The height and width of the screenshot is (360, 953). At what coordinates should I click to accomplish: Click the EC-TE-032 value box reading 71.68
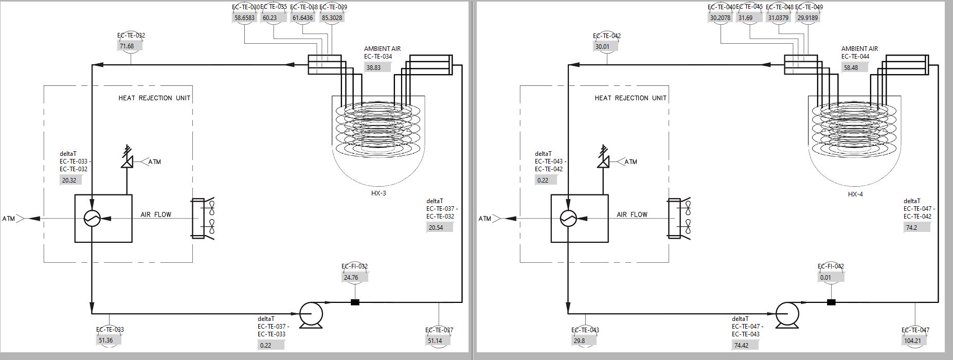[x=127, y=46]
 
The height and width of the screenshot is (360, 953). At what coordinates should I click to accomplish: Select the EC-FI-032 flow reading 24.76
[x=351, y=278]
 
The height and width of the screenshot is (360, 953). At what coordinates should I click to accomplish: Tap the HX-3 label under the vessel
[x=379, y=193]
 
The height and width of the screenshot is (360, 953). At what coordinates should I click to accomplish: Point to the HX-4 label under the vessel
[x=855, y=194]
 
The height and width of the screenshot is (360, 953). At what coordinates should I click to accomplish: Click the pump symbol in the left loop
[x=311, y=313]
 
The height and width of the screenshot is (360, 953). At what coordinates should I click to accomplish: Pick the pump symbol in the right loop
[x=787, y=313]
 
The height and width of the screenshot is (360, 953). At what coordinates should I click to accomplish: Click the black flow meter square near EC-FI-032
[x=355, y=302]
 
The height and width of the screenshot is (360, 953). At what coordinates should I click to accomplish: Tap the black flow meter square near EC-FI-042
[x=831, y=302]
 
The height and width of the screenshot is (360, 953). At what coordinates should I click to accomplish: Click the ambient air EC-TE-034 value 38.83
[x=374, y=67]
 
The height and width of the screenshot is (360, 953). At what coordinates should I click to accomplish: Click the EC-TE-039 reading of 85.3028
[x=332, y=18]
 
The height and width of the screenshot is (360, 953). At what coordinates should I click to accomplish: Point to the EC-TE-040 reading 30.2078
[x=720, y=18]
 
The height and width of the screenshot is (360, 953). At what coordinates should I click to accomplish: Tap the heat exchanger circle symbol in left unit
[x=92, y=218]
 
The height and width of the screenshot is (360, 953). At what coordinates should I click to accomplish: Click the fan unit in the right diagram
[x=679, y=218]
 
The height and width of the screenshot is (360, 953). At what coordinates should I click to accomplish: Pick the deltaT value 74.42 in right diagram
[x=742, y=346]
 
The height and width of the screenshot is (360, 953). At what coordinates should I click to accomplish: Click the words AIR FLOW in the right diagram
[x=632, y=214]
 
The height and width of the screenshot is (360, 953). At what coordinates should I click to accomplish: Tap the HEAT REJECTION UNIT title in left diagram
[x=154, y=98]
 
